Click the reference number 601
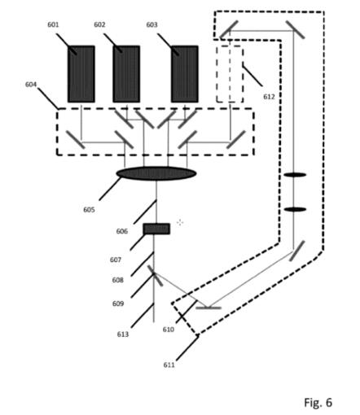point(53,24)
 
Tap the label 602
point(99,24)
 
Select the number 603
point(151,24)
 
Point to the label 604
point(31,85)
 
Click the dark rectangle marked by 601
point(81,74)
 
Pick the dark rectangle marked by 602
point(126,74)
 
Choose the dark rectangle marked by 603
point(185,74)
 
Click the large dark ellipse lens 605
point(156,173)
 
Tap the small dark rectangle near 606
point(156,229)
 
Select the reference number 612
point(269,97)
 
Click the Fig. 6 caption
point(318,402)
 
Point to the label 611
point(169,365)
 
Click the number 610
point(169,330)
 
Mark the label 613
point(123,334)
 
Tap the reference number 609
point(118,304)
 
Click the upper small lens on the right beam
point(295,175)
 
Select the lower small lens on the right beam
point(295,209)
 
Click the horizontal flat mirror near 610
point(209,308)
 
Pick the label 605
point(89,210)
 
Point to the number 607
point(116,260)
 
